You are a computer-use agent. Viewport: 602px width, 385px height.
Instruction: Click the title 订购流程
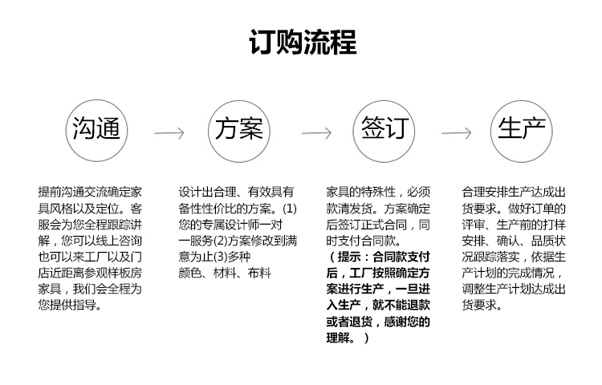(x=303, y=42)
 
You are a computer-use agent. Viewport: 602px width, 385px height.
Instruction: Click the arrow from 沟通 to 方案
(x=169, y=133)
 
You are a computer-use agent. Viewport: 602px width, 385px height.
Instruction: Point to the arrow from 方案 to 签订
(x=316, y=133)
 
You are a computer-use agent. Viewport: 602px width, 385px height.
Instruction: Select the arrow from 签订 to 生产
(x=456, y=133)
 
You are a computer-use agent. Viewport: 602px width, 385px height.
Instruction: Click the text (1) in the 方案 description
(x=290, y=209)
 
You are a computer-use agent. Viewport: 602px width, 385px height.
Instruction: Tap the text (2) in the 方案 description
(x=221, y=241)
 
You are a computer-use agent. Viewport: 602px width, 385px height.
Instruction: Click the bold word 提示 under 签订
(x=349, y=257)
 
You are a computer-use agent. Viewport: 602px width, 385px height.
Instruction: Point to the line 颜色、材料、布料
(x=225, y=273)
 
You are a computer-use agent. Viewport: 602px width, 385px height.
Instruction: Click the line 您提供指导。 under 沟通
(x=70, y=306)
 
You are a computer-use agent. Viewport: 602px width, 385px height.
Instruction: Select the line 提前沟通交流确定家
(x=90, y=192)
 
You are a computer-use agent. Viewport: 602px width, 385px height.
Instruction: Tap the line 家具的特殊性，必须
(x=378, y=192)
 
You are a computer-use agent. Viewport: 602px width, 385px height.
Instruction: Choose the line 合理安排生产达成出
(x=514, y=192)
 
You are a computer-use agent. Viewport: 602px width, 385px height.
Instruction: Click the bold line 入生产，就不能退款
(x=378, y=306)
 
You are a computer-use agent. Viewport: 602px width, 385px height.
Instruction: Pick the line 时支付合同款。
(x=364, y=241)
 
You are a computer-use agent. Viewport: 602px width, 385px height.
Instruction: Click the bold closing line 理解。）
(x=348, y=338)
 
